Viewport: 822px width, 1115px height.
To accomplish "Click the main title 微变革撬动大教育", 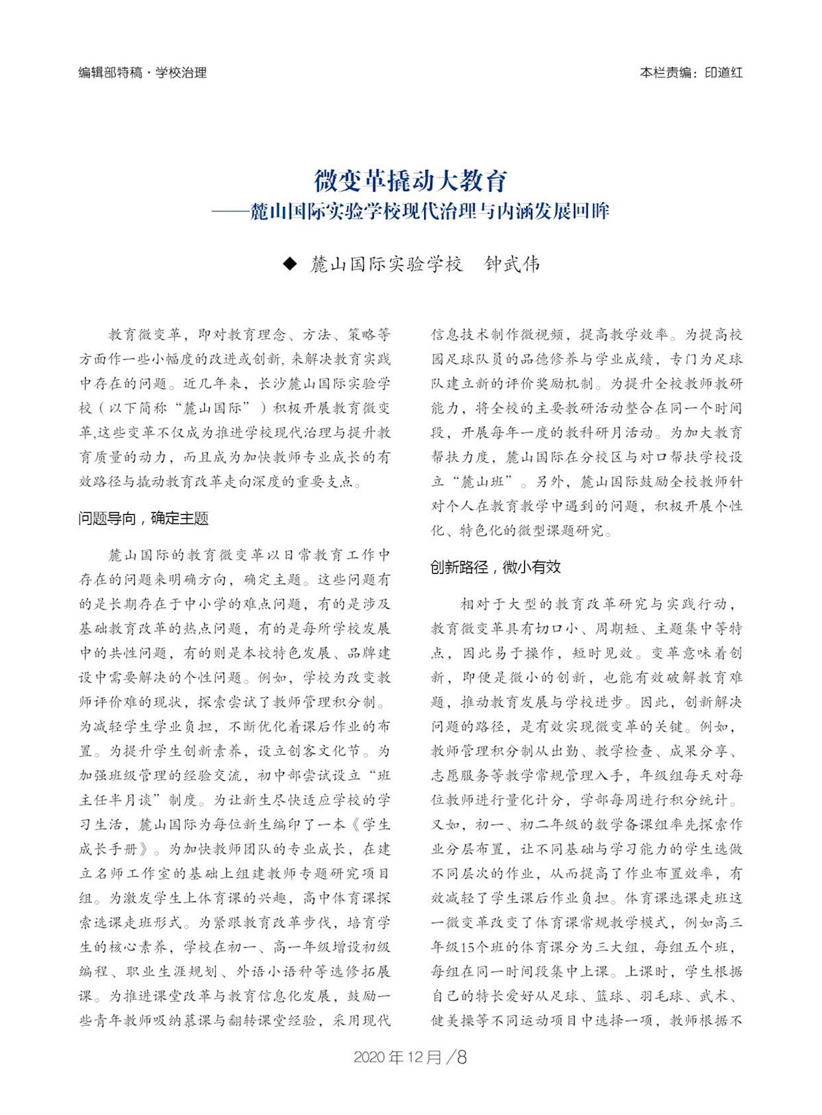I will coord(410,181).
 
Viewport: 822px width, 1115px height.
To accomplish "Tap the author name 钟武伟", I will coord(512,264).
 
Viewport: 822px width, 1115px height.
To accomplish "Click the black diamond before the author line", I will coord(290,264).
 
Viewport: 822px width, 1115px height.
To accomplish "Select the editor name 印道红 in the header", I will coord(723,73).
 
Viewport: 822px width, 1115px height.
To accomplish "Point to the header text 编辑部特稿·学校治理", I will coord(142,73).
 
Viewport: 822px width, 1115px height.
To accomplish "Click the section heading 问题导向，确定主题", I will coord(143,518).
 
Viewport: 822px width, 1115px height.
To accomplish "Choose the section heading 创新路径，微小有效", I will coord(495,567).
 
